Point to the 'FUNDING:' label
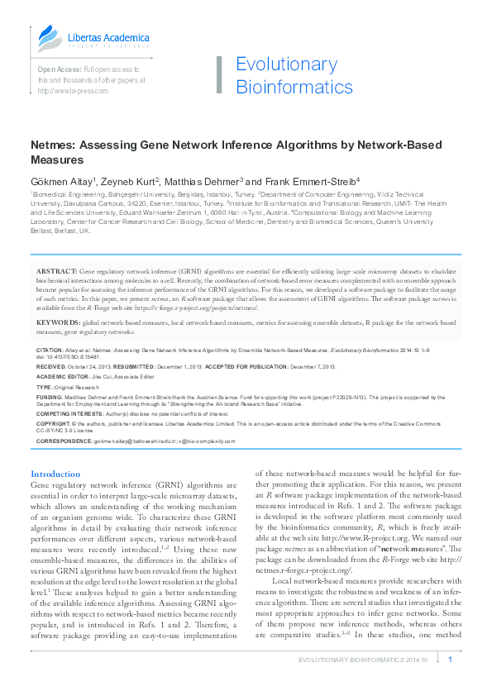coord(50,398)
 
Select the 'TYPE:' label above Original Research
coord(45,387)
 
